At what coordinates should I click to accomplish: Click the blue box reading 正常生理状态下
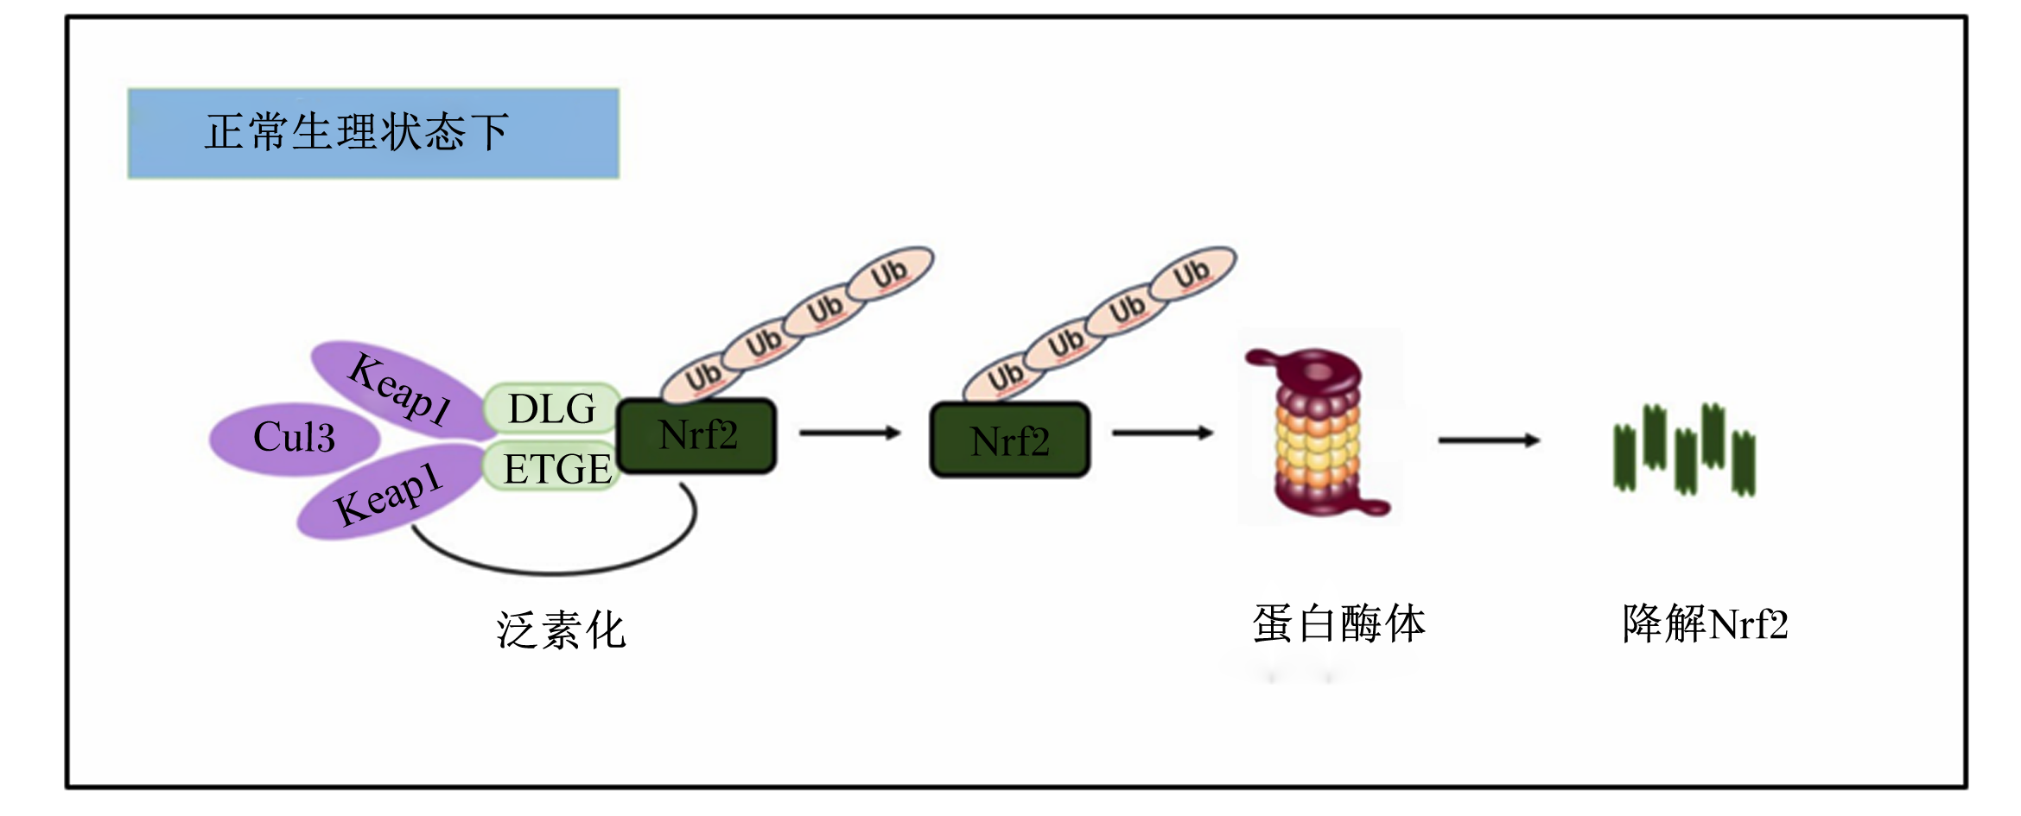pyautogui.click(x=373, y=133)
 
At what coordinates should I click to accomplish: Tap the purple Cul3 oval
pyautogui.click(x=295, y=439)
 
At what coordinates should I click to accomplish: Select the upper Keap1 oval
pyautogui.click(x=399, y=390)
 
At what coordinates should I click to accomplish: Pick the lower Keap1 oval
pyautogui.click(x=389, y=492)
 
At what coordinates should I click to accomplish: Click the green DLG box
pyautogui.click(x=552, y=408)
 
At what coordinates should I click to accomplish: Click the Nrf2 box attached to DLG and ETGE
pyautogui.click(x=697, y=435)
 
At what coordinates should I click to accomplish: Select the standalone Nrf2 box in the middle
pyautogui.click(x=1009, y=440)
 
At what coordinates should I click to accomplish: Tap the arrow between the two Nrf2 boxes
pyautogui.click(x=851, y=433)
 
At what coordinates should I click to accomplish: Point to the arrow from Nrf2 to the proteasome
pyautogui.click(x=1163, y=433)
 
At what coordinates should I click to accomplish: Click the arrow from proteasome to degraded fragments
pyautogui.click(x=1490, y=440)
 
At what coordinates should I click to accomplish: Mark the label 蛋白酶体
pyautogui.click(x=1338, y=623)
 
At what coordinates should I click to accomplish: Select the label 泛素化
pyautogui.click(x=561, y=630)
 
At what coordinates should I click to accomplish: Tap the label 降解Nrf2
pyautogui.click(x=1706, y=623)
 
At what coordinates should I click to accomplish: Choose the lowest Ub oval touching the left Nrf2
pyautogui.click(x=702, y=377)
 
